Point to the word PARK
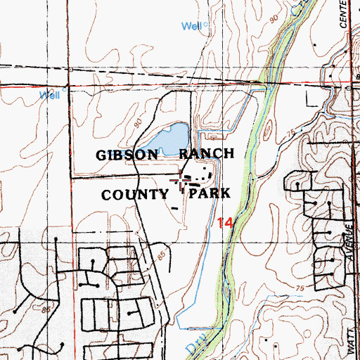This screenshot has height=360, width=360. pos(207,193)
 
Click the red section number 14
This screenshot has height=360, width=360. pos(224,224)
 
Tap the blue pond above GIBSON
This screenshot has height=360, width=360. pos(173,136)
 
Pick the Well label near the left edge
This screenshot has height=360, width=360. pos(50,94)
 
